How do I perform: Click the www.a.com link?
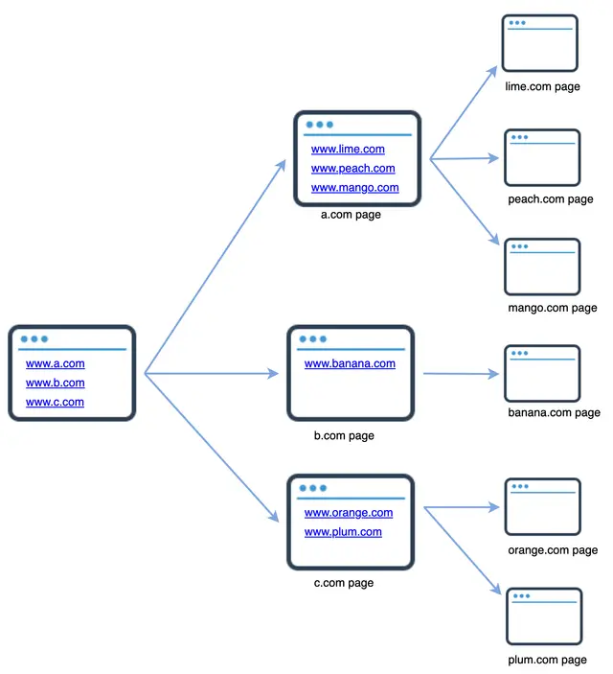click(55, 363)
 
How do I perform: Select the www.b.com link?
click(55, 383)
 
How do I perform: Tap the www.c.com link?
click(55, 402)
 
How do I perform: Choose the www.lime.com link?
click(348, 149)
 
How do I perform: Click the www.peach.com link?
click(352, 169)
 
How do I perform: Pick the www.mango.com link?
click(354, 188)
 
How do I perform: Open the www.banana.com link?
click(350, 363)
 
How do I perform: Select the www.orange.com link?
click(349, 513)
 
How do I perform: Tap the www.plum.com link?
click(343, 532)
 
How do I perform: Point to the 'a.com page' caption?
click(351, 215)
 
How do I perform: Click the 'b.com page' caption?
click(344, 435)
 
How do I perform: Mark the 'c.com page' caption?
click(344, 583)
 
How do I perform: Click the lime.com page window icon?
click(541, 43)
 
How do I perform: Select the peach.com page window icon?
click(542, 157)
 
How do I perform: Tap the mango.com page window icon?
click(542, 267)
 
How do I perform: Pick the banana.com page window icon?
click(542, 373)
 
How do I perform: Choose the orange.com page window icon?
click(542, 506)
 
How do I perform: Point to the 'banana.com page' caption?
click(554, 412)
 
